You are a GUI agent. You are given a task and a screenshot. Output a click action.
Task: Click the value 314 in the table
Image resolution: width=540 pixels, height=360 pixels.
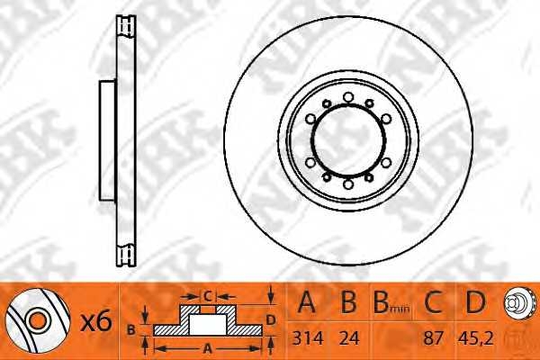[308, 338]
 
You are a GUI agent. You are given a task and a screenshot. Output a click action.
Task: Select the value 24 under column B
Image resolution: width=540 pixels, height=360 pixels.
[349, 338]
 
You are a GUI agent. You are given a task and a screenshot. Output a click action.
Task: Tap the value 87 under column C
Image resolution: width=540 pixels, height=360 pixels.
[433, 338]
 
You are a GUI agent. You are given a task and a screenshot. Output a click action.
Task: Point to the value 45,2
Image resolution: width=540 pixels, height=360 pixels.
[475, 338]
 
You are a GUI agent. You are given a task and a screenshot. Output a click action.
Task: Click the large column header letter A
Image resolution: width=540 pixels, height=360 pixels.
[307, 301]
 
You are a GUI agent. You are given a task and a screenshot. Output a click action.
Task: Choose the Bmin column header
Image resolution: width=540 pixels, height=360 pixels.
[391, 302]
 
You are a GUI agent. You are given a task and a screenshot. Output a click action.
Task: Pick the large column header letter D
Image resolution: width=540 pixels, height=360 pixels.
[475, 301]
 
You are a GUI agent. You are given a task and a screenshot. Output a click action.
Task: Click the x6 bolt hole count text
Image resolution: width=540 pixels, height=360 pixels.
[96, 322]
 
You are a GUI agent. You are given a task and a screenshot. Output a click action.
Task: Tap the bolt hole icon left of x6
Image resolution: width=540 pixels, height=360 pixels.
[37, 320]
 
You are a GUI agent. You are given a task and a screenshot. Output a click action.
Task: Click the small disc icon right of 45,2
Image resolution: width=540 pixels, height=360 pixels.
[516, 303]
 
